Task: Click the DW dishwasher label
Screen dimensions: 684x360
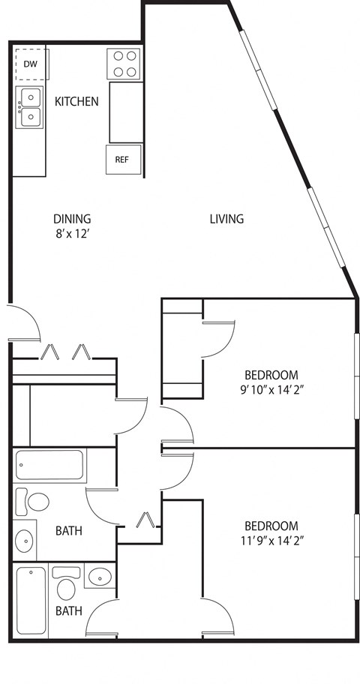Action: tap(30, 64)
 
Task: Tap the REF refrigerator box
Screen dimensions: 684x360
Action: tap(121, 159)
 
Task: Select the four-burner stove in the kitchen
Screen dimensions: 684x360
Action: tap(124, 63)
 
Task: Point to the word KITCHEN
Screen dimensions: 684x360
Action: tap(76, 100)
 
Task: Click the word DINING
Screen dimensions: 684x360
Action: tap(72, 219)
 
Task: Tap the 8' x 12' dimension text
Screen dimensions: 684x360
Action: tap(72, 232)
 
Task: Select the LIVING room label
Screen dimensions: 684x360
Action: tap(226, 219)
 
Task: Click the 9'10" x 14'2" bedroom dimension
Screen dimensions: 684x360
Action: tap(271, 389)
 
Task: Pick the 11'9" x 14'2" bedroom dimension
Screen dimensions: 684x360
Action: tap(271, 540)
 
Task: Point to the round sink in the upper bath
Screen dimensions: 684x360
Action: tap(25, 539)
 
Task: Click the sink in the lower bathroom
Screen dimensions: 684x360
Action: tap(100, 577)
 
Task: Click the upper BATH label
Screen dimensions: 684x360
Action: tap(68, 531)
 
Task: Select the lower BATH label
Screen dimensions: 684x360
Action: tap(68, 611)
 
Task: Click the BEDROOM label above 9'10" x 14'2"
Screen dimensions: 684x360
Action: tap(271, 375)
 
